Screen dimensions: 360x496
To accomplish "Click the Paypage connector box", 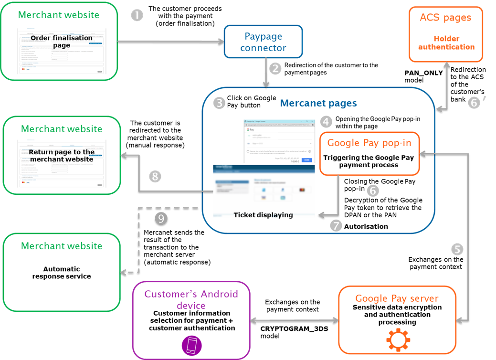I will pos(264,42).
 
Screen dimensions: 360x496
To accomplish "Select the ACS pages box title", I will pos(445,18).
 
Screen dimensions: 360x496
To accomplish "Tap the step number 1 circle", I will pos(137,15).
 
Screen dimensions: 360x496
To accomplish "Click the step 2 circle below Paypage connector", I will pos(275,68).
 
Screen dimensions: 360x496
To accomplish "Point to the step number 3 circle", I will pos(219,102).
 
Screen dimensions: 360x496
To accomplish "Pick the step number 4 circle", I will pos(326,121).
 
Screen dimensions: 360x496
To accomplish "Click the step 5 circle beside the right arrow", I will pos(457,249).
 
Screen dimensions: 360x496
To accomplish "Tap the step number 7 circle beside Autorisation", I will pos(336,226).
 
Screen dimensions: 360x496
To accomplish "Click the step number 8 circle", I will pos(155,177).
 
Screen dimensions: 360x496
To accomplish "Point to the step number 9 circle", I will pos(161,218).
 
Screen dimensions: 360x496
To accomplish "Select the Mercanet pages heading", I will pos(318,103).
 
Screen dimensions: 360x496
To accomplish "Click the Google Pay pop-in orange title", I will pos(369,143).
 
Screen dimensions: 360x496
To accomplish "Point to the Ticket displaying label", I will pos(263,215).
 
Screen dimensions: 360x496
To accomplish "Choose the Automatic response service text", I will pos(62,273).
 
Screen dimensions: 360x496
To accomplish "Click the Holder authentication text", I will pos(446,43).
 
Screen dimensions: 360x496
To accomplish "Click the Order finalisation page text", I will pos(62,42).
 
